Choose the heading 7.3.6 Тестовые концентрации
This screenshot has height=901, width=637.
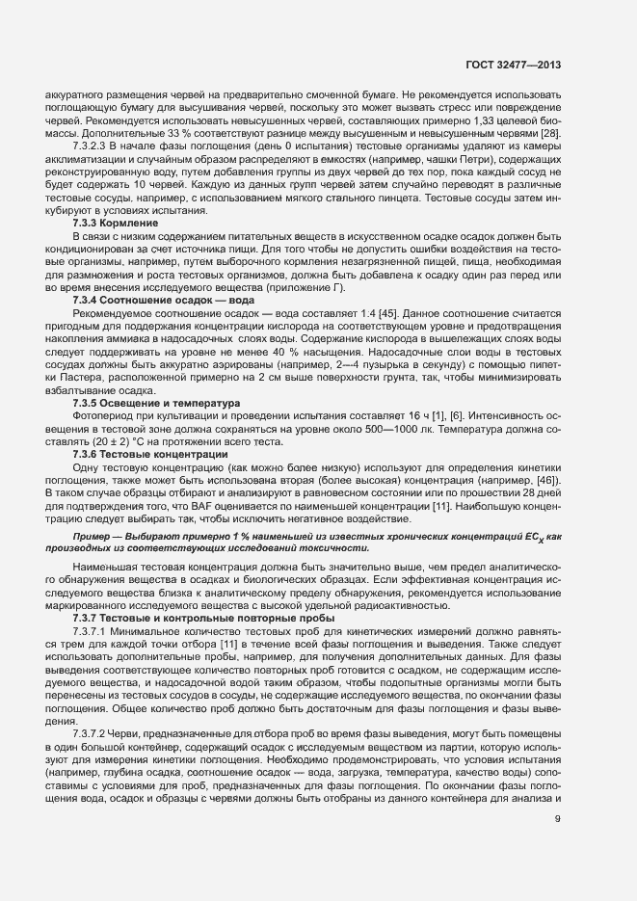[x=137, y=452]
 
